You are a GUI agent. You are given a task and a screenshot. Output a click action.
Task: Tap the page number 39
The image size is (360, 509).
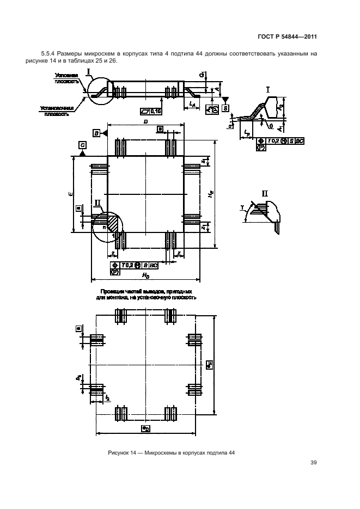[314, 463]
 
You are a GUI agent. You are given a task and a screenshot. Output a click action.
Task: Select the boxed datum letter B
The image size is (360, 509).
[96, 133]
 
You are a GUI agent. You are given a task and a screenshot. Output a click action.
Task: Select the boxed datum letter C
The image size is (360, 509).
[82, 145]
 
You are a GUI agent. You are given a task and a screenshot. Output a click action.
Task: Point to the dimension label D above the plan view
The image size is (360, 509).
[145, 123]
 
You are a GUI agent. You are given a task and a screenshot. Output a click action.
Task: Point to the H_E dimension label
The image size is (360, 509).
[210, 195]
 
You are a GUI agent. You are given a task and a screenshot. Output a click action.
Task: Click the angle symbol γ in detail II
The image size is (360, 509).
[240, 207]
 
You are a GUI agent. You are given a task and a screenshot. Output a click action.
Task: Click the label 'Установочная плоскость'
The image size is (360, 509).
[57, 111]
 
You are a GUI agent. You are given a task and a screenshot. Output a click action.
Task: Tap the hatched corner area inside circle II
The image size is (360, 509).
[113, 223]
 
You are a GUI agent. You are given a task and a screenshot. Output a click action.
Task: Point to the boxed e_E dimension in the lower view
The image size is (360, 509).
[210, 364]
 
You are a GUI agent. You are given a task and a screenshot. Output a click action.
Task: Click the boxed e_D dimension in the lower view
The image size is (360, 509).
[145, 429]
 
